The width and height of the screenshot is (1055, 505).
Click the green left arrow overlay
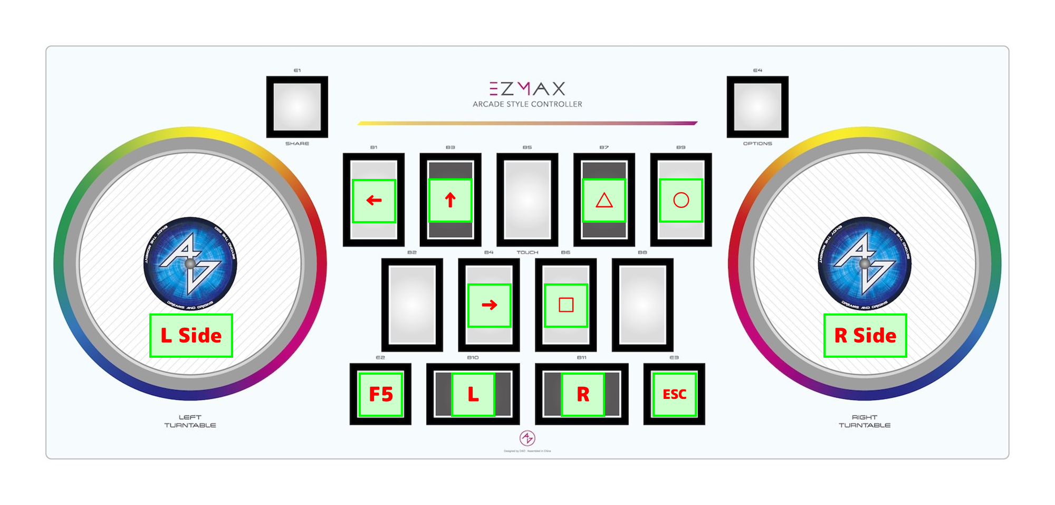click(x=374, y=201)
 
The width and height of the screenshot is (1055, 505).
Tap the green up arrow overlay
click(x=450, y=201)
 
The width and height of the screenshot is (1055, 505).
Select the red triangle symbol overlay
click(x=604, y=201)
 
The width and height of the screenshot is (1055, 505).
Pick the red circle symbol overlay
click(x=681, y=201)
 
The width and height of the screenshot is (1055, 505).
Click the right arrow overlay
click(x=490, y=305)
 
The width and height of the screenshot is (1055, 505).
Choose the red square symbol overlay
click(x=566, y=305)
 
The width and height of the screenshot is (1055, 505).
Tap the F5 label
click(x=381, y=394)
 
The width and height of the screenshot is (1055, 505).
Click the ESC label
click(x=675, y=394)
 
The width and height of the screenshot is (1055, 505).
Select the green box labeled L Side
click(x=191, y=336)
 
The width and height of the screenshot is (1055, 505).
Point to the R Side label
click(x=865, y=336)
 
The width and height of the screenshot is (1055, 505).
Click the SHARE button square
click(x=297, y=107)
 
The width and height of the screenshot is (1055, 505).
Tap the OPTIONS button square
click(x=757, y=107)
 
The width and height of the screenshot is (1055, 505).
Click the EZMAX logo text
click(x=527, y=88)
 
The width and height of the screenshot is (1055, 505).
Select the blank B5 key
click(x=527, y=199)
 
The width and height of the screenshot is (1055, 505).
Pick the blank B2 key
click(x=412, y=304)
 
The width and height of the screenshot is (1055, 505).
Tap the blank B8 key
click(x=642, y=304)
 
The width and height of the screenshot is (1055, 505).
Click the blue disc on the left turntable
click(x=190, y=263)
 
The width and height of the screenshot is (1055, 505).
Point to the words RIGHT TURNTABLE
click(x=865, y=421)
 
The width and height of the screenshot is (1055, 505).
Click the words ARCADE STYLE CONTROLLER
click(x=527, y=104)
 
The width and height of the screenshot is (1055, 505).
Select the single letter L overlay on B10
click(x=473, y=394)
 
